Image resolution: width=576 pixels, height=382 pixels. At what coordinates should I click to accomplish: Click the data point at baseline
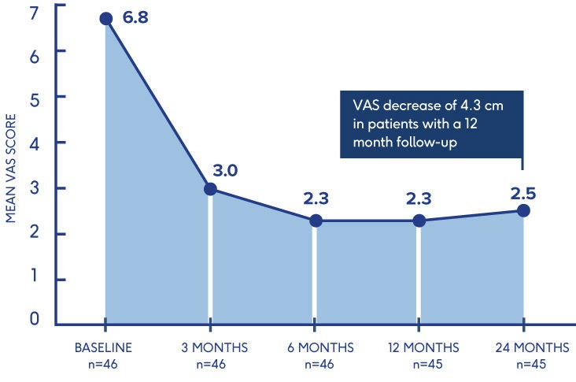click(106, 19)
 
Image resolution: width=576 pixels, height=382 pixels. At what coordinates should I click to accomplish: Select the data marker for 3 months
click(210, 189)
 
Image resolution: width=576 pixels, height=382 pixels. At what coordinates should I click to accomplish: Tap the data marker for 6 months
click(315, 221)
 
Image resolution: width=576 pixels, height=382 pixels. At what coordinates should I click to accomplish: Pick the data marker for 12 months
click(419, 221)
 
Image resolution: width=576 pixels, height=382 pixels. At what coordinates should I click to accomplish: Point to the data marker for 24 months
click(523, 210)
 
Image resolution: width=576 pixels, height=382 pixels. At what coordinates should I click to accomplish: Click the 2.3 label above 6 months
click(316, 198)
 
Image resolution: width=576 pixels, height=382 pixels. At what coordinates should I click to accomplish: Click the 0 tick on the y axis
click(35, 320)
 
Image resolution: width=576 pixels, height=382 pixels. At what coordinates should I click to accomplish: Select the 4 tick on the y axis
click(35, 143)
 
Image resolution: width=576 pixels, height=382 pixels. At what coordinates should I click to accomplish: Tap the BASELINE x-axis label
click(102, 347)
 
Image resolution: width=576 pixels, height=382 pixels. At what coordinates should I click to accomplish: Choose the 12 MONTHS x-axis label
click(420, 347)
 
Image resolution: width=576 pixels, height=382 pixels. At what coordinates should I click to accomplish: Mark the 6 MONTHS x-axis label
click(316, 347)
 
